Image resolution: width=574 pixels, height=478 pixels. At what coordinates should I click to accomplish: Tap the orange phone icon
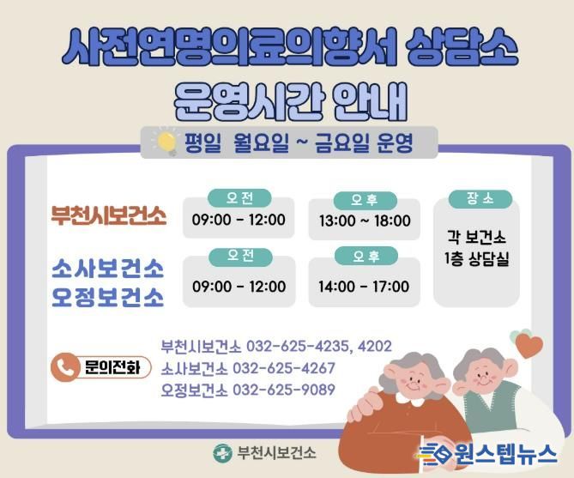point(67,367)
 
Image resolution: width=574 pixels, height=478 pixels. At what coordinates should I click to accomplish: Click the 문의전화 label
point(112,367)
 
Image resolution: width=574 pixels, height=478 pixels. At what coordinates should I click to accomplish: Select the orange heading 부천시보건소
point(107,215)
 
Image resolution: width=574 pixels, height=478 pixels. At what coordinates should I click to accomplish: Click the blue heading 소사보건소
point(107,269)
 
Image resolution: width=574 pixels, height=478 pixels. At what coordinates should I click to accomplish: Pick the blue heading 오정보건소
point(107,297)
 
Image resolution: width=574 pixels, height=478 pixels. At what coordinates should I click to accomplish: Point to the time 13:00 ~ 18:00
point(365,221)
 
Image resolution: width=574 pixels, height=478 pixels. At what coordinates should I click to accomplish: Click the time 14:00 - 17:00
point(365,286)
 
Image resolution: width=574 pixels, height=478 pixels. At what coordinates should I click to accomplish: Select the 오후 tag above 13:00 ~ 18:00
point(365,201)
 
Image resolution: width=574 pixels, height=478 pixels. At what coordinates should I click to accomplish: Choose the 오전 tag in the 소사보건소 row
point(239,256)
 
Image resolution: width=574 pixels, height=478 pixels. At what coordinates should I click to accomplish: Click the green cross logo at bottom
point(222,452)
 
